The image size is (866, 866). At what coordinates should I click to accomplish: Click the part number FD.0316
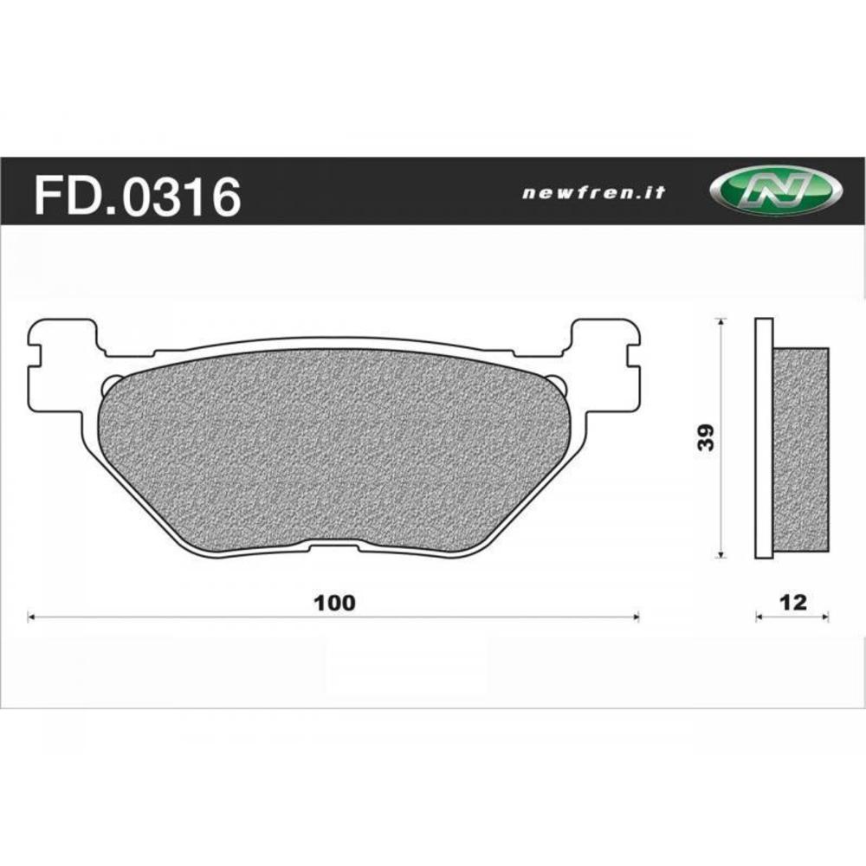pos(136,197)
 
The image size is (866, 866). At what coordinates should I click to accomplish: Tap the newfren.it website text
pos(593,193)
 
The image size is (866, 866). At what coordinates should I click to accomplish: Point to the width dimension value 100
pos(334,603)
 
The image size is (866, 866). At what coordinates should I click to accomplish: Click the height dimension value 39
pos(707,438)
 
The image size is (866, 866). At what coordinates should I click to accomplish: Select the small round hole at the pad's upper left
pos(110,385)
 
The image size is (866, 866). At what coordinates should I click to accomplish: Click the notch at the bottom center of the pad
pos(333,546)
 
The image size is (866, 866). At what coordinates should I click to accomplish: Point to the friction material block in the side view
pos(801,450)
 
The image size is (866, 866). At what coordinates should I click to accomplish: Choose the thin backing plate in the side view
pos(763,438)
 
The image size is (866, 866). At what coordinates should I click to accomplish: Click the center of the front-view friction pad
pos(333,450)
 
